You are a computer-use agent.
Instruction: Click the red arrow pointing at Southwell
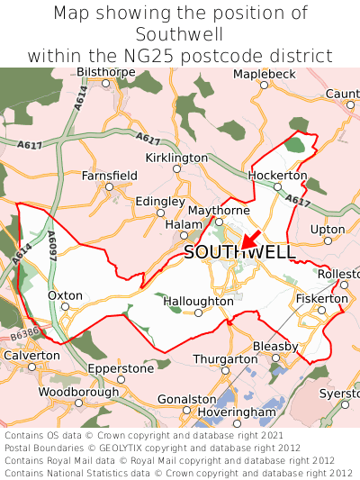click(x=250, y=238)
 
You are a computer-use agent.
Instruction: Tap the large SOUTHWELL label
click(x=239, y=253)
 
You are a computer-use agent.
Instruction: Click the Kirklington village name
click(x=176, y=158)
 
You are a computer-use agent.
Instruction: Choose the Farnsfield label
click(x=110, y=176)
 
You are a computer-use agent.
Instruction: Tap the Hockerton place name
click(x=278, y=175)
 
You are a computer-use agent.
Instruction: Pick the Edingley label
click(x=160, y=202)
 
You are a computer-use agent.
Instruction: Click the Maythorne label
click(x=219, y=211)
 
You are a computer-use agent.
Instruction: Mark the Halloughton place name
click(x=198, y=302)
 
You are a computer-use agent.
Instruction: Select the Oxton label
click(x=65, y=294)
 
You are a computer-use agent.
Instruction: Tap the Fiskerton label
click(x=321, y=298)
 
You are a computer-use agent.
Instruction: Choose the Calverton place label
click(x=31, y=355)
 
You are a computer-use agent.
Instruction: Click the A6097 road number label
click(x=51, y=244)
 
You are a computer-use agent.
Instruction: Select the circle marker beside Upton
click(x=328, y=240)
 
